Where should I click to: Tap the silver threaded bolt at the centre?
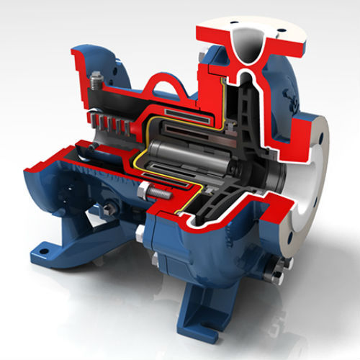coord(163,192)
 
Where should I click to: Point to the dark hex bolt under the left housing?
coord(107,209)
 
